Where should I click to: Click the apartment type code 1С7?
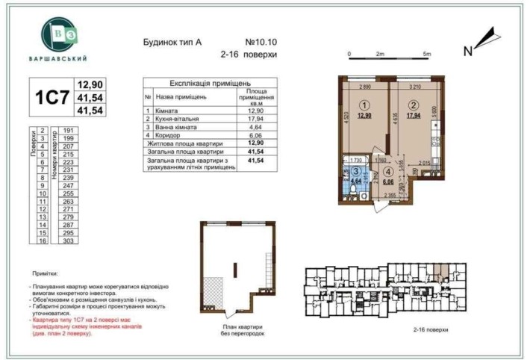(49, 99)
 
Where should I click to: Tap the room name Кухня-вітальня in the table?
(182, 119)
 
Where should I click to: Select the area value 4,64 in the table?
(256, 128)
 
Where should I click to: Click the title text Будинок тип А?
(172, 42)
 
